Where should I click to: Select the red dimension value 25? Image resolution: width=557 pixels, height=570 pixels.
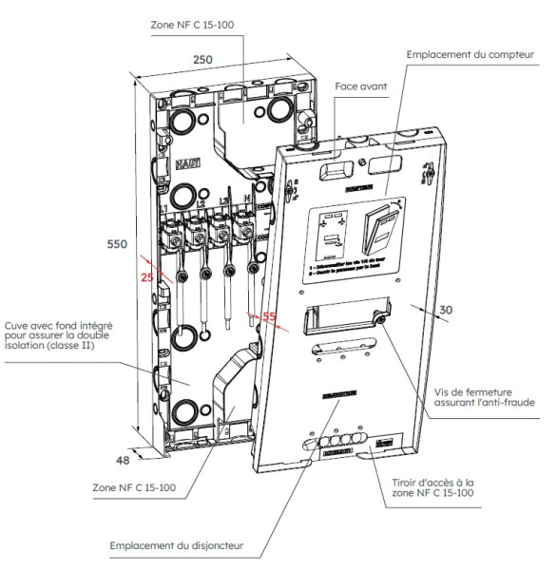pos(144,276)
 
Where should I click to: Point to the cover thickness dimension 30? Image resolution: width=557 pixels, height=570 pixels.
pos(447,309)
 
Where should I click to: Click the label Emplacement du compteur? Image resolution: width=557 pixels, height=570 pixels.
pos(467,55)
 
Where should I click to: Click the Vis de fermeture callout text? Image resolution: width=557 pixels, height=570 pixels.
pos(484,396)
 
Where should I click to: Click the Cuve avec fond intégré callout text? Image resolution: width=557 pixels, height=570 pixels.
pos(59,332)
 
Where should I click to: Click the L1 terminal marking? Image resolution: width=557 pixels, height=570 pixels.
pos(167,207)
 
